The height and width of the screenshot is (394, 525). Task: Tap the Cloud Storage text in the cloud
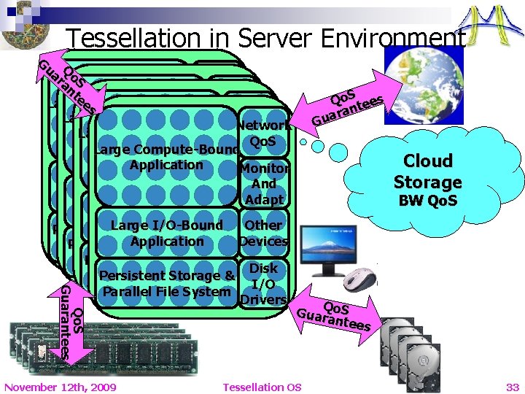427,171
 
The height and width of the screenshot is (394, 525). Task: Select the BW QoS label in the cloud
427,200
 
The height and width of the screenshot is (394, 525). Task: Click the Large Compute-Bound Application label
167,158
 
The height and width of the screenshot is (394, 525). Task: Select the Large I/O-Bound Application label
167,233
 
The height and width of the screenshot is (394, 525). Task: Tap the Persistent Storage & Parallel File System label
167,284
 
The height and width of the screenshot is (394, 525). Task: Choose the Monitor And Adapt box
265,184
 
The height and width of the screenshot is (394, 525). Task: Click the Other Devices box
264,233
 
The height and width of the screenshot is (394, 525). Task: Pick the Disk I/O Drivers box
263,284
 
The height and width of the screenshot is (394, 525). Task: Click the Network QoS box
265,133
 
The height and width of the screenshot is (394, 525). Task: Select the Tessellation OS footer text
262,387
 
